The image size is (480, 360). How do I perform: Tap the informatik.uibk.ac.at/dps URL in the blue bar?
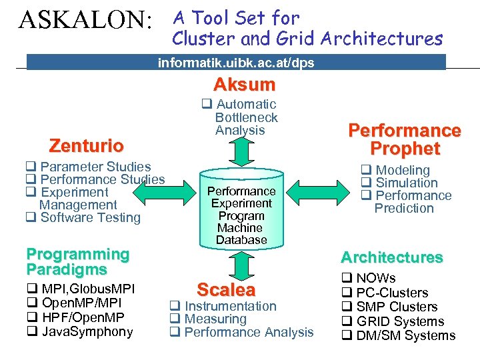[236, 63]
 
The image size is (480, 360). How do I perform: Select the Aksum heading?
[244, 85]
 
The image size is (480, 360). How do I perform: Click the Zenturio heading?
[87, 145]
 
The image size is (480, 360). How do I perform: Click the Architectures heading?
[392, 257]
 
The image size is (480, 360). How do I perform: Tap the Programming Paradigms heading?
[77, 262]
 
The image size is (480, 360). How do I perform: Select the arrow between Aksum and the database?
[241, 151]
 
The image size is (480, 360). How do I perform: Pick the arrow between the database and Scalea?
[241, 265]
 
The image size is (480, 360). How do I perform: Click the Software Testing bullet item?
[90, 217]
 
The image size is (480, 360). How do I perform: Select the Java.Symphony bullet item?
[87, 332]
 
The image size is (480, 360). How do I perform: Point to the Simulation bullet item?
[407, 183]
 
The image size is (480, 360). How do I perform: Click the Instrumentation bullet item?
[230, 306]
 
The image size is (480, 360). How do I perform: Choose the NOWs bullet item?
[375, 278]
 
